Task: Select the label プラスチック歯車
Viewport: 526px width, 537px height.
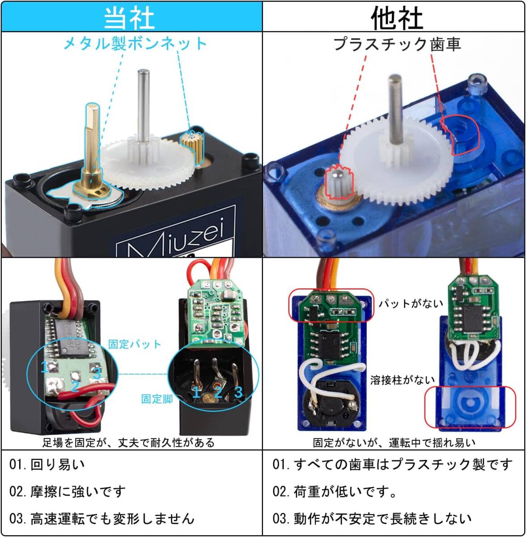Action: pos(397,44)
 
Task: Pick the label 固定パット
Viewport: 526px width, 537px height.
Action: pos(134,344)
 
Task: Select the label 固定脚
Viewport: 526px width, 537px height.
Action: pos(157,399)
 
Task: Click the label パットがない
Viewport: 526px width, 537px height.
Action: pos(411,304)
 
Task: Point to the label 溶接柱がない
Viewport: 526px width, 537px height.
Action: pos(402,380)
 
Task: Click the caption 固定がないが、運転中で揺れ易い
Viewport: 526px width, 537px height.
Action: pos(394,443)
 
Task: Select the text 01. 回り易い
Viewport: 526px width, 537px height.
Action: pos(47,465)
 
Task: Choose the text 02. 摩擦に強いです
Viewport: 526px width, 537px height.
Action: pos(68,491)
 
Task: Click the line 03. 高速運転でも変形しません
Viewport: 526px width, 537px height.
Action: pos(102,519)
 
